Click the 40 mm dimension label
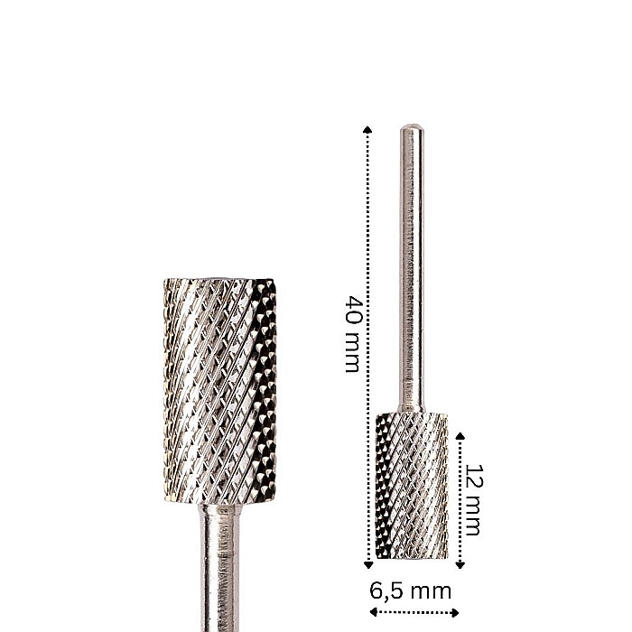coord(352,333)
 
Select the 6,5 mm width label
coord(411,591)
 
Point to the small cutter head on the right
coord(411,486)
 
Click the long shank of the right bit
coord(411,271)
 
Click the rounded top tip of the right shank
coord(411,128)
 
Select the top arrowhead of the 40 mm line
coord(367,129)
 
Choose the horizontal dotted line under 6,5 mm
coord(414,613)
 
